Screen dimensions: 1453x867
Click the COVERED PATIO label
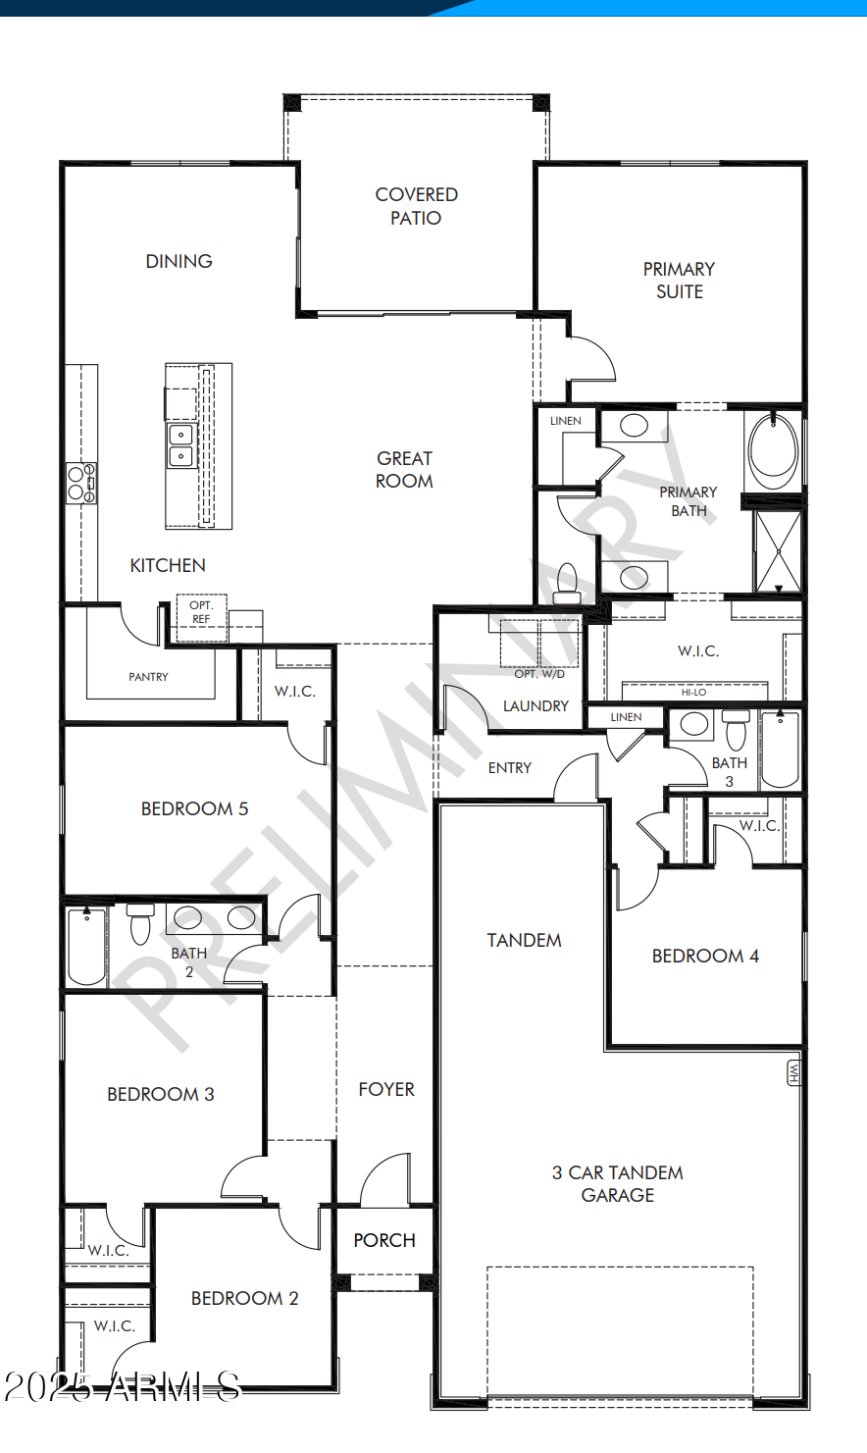click(416, 206)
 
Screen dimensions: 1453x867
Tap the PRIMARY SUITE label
click(679, 280)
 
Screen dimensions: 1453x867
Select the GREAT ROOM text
click(404, 469)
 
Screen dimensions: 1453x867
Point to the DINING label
click(178, 261)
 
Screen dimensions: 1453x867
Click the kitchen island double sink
click(180, 445)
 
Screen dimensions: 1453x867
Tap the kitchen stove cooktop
click(80, 483)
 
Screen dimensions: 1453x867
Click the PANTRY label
click(148, 677)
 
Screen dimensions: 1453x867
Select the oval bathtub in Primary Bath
click(773, 449)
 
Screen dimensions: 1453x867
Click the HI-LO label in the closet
click(693, 693)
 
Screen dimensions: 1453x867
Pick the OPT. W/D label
click(539, 674)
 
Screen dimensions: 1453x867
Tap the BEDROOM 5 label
click(194, 808)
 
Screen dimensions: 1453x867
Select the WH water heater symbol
click(793, 1072)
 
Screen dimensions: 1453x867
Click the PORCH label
click(384, 1240)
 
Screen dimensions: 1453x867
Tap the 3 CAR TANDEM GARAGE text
click(617, 1183)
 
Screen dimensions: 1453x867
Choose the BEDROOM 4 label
click(705, 956)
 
